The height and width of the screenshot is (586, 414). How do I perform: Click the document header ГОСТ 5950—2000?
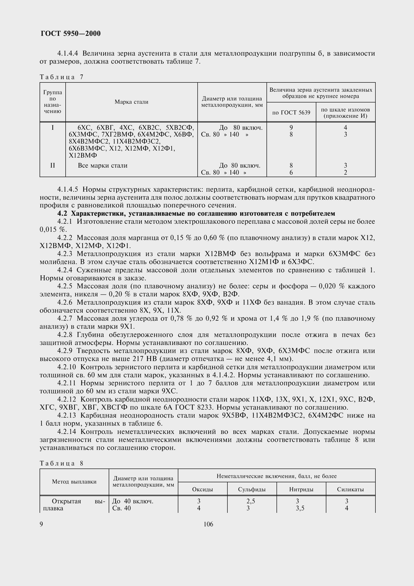pyautogui.click(x=70, y=33)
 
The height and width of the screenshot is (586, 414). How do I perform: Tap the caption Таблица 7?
pyautogui.click(x=61, y=77)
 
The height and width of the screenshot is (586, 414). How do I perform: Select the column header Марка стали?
pyautogui.click(x=131, y=102)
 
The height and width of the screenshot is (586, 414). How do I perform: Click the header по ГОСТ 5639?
pyautogui.click(x=291, y=112)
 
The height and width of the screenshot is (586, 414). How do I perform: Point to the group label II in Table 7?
pyautogui.click(x=53, y=165)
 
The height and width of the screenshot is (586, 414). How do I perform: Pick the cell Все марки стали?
pyautogui.click(x=102, y=165)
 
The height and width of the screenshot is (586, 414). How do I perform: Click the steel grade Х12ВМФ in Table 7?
pyautogui.click(x=83, y=155)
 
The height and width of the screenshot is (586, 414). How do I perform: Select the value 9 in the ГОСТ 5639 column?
pyautogui.click(x=291, y=127)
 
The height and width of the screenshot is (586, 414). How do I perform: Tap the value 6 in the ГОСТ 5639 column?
pyautogui.click(x=291, y=173)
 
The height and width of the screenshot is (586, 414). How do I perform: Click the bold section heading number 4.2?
pyautogui.click(x=63, y=213)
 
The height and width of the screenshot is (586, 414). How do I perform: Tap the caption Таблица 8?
pyautogui.click(x=61, y=463)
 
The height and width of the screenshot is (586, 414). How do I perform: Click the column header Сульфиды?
pyautogui.click(x=252, y=490)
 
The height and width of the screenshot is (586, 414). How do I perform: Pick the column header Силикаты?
pyautogui.click(x=350, y=490)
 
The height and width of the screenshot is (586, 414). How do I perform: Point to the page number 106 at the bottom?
pyautogui.click(x=208, y=524)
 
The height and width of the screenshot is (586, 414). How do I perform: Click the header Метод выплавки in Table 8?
pyautogui.click(x=74, y=482)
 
